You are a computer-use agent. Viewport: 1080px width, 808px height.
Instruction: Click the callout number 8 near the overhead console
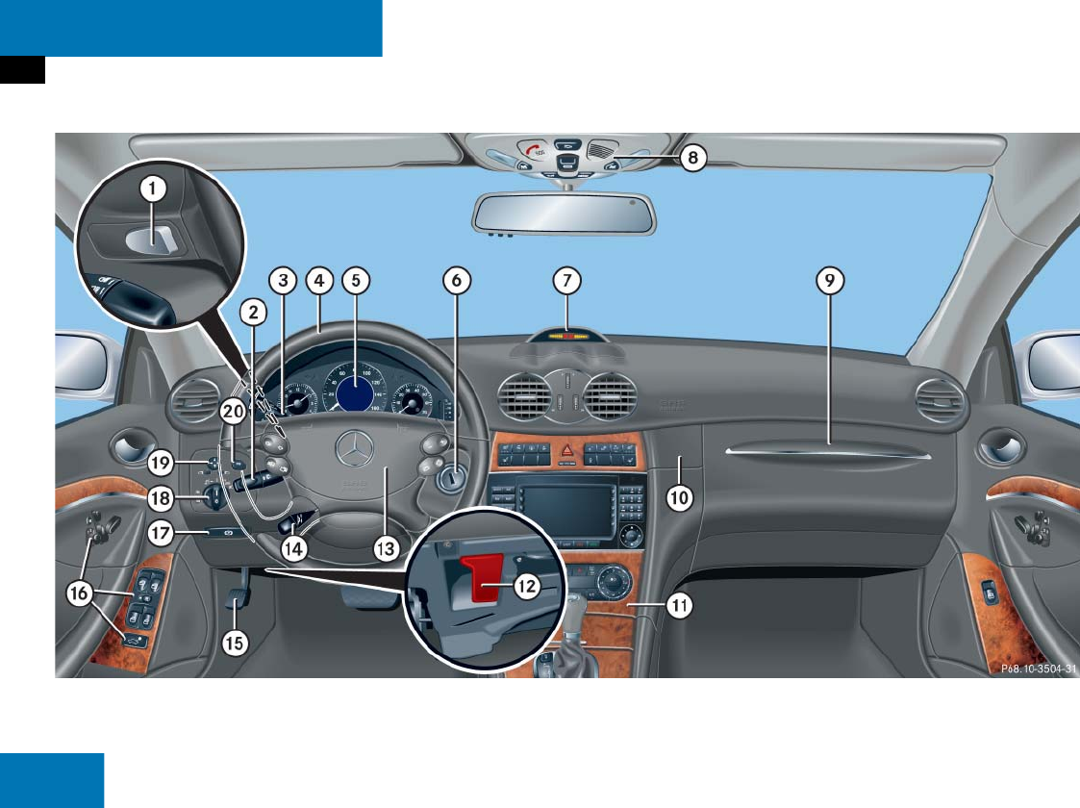(x=693, y=157)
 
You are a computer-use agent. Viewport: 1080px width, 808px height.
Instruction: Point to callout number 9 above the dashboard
(x=829, y=280)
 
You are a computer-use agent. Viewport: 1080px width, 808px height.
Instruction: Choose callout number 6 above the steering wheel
(x=457, y=280)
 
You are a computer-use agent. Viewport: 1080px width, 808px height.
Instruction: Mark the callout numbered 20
(x=232, y=411)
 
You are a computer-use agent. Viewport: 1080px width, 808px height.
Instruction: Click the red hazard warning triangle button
(x=568, y=449)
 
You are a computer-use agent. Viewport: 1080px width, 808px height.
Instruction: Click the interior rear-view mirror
(x=564, y=213)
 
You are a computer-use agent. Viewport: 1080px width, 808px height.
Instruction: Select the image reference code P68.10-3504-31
(x=1022, y=669)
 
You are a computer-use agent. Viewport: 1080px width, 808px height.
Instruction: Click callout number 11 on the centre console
(x=679, y=607)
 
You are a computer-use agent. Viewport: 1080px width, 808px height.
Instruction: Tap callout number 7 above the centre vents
(x=567, y=280)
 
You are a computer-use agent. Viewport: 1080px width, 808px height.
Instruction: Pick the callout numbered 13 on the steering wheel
(x=385, y=548)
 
